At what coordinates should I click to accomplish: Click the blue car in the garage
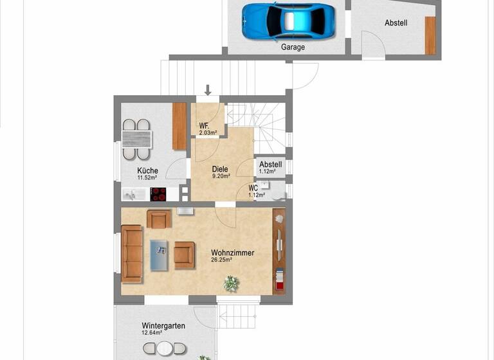pos(289,21)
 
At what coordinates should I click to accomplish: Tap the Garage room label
pos(293,47)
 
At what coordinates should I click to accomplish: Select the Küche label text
pos(147,170)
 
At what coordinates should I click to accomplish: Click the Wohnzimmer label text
pos(232,253)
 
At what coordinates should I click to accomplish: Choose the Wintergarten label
pos(163,326)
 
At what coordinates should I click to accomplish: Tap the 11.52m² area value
pos(147,178)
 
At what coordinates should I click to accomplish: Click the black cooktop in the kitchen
pos(158,194)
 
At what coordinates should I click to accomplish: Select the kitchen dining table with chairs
pos(136,139)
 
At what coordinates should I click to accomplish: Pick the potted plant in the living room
pos(230,283)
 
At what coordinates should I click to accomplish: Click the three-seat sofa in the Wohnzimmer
pos(132,253)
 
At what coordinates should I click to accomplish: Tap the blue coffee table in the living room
pos(160,254)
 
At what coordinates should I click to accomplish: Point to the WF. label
pos(205,125)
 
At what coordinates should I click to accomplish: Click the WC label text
pos(253,188)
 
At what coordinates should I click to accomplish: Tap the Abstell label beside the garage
pos(396,23)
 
